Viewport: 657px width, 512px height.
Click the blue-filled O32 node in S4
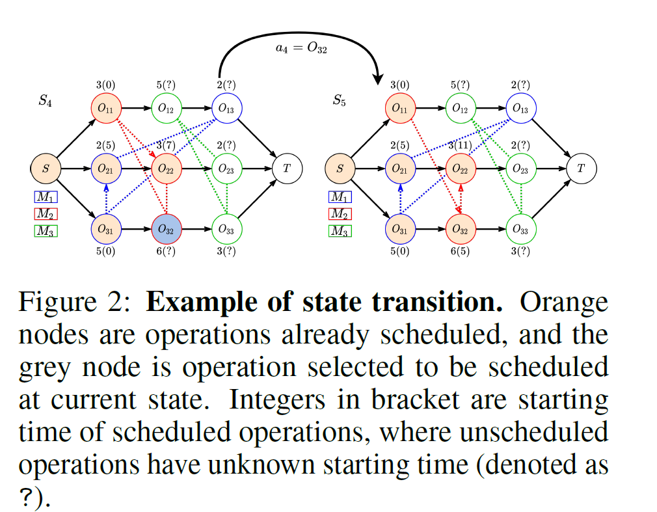[167, 228]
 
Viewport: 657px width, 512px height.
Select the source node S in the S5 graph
[340, 168]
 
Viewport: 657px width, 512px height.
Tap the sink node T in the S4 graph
[286, 168]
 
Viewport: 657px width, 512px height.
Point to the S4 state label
[46, 101]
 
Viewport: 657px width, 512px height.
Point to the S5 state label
[340, 101]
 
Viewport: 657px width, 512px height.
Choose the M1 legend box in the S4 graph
[46, 196]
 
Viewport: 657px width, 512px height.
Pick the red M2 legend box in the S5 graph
[340, 213]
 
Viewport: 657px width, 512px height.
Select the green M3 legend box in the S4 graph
[46, 230]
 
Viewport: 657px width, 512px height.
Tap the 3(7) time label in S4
[167, 145]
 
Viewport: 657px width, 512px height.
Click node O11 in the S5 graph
[400, 109]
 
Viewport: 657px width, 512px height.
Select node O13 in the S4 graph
[226, 109]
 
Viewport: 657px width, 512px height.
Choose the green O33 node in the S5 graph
[520, 228]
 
